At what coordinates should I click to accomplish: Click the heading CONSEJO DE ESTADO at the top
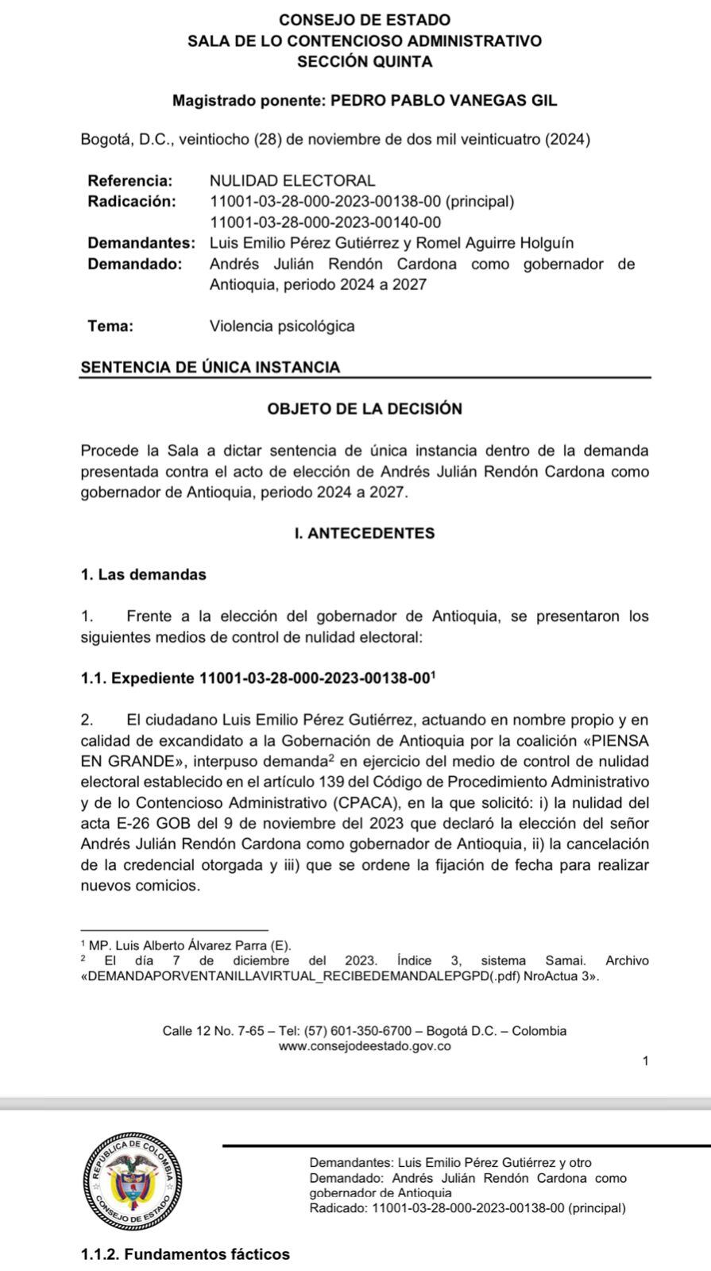pos(365,20)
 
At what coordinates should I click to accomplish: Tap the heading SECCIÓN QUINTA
pos(365,61)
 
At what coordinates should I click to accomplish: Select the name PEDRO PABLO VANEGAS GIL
pos(443,101)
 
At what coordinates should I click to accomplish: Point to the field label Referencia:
pos(129,181)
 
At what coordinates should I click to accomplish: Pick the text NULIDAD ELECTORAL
pos(292,181)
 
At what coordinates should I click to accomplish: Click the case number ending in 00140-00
pos(325,222)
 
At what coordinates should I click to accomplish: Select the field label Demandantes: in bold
pos(141,243)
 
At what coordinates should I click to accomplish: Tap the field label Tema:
pos(110,326)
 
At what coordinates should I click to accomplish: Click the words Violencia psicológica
pos(282,326)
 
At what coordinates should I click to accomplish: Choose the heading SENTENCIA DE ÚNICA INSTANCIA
pos(211,367)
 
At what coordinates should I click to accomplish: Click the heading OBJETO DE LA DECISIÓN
pos(365,409)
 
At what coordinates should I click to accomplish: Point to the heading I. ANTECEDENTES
pos(365,533)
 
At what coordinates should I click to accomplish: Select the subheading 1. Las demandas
pos(144,574)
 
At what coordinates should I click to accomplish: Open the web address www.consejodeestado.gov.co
pos(365,1046)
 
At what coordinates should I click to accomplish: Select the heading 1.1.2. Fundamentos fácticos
pos(185,1254)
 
